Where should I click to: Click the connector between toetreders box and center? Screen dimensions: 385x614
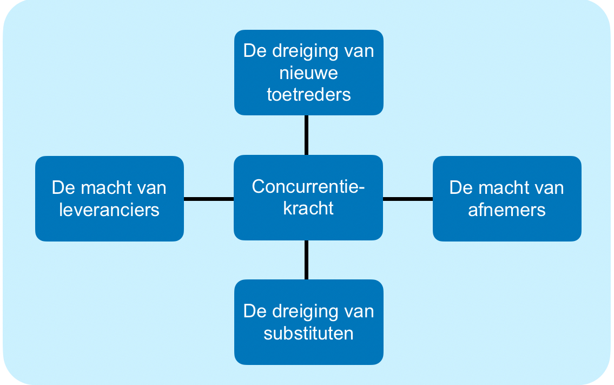click(307, 135)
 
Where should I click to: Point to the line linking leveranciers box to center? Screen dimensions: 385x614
click(209, 199)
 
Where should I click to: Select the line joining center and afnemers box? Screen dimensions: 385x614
click(408, 199)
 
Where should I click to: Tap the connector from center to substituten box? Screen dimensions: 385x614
click(307, 259)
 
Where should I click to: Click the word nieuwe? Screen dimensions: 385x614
click(309, 73)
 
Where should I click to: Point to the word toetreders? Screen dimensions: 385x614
click(309, 94)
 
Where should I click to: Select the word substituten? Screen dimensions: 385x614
click(309, 333)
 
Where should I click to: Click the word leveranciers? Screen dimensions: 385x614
click(109, 210)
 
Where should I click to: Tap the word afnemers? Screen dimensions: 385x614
click(507, 210)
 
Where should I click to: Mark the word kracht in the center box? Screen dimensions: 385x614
click(308, 208)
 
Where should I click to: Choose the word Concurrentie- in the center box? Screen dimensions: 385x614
click(308, 186)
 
